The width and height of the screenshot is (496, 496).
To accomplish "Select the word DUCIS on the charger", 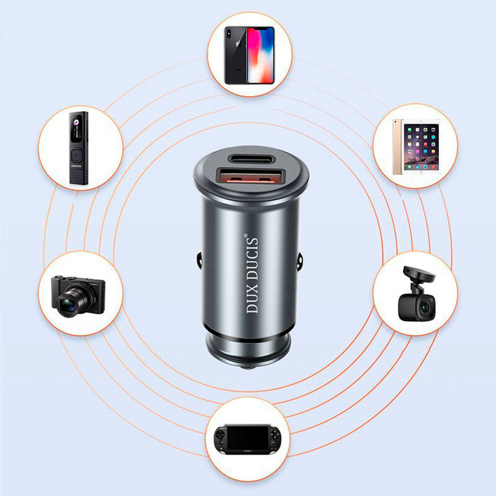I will (253, 260).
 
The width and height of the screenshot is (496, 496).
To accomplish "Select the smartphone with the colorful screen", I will (260, 55).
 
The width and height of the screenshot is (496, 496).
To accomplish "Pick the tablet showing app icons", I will (421, 148).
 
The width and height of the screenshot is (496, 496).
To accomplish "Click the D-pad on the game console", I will (221, 434).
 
